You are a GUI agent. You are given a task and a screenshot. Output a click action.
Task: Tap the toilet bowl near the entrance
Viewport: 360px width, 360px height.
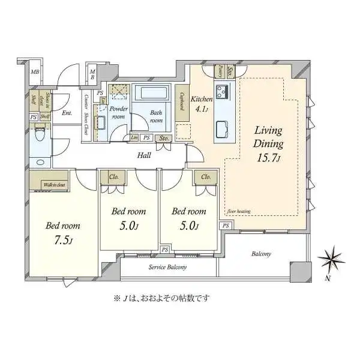point(41,135)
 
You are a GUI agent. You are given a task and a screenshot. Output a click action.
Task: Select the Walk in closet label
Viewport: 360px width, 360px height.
point(55,185)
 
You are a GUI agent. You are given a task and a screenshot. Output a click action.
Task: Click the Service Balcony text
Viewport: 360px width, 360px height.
point(167,267)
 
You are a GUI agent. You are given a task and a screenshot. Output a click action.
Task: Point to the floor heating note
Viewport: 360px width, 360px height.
point(239,211)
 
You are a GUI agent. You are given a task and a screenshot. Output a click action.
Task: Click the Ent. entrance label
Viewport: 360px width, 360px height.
point(67,113)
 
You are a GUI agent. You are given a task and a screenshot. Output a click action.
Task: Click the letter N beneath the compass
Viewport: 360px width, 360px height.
point(328,279)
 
